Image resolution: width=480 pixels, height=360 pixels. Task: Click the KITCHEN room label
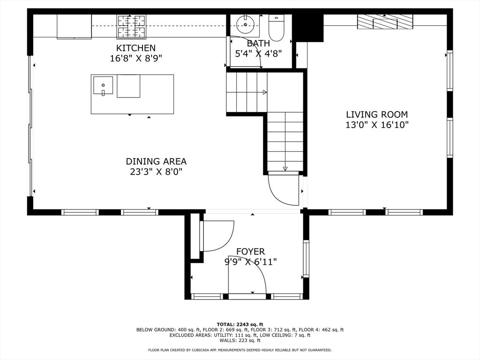point(136,48)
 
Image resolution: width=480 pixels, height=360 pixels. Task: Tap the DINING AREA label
point(156,161)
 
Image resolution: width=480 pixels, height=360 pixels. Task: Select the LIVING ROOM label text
point(377,114)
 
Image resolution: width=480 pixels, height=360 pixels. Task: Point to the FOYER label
point(250,252)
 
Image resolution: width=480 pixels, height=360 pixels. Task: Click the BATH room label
point(258,44)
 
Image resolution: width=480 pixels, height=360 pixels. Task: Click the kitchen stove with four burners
point(131,27)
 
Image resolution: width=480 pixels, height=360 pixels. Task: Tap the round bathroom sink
point(245,24)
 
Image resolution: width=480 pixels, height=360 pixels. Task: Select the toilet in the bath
point(276,28)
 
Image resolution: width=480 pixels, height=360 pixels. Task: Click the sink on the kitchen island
point(103,85)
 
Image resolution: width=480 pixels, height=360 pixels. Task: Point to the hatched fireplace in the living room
point(385,22)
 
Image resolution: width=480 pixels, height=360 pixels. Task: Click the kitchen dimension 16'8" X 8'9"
point(136,58)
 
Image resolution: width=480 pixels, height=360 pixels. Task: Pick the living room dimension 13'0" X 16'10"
point(377,125)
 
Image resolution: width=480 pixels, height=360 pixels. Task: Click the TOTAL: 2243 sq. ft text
point(240,324)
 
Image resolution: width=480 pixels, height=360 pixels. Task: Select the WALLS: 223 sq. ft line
point(240,340)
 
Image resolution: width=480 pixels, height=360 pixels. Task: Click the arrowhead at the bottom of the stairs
point(285,169)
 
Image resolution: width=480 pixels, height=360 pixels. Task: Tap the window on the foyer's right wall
point(306,259)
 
